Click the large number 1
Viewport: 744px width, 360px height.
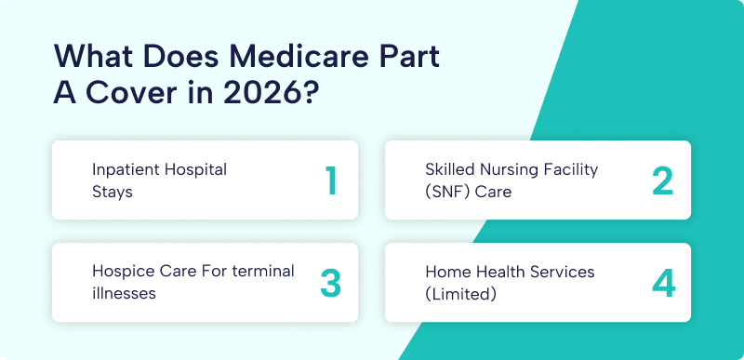click(330, 180)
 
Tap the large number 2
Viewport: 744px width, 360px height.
click(662, 180)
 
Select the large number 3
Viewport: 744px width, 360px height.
click(330, 283)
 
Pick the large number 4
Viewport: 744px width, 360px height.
click(662, 283)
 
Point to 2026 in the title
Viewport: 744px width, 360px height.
click(255, 93)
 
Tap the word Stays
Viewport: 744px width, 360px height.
click(113, 192)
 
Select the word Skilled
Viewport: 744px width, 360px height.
click(451, 170)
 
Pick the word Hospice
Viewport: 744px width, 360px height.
click(121, 272)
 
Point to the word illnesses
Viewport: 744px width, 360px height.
click(124, 293)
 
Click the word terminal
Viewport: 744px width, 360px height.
click(263, 272)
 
